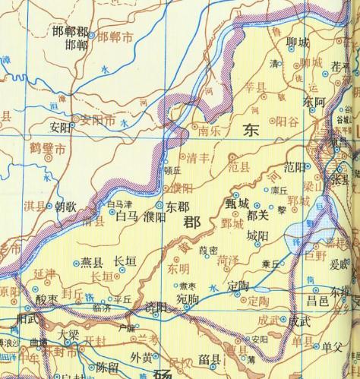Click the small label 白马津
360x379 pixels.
(119, 204)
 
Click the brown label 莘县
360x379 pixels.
(247, 106)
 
